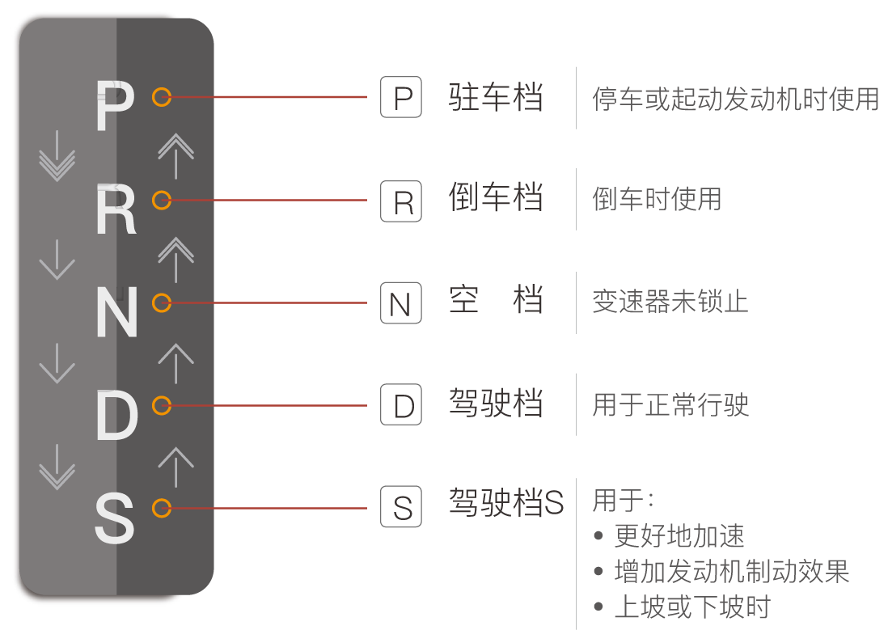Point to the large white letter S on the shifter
pos(114,519)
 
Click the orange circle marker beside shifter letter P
pos(162,97)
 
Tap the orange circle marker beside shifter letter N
pos(162,303)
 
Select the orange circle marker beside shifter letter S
pos(162,509)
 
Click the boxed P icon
pos(401,98)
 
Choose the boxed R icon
pos(401,201)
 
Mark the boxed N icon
pos(401,303)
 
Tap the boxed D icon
pos(401,405)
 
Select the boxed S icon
pos(401,508)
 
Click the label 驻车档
pos(495,98)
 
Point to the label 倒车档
pos(495,198)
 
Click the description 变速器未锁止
pos(670,302)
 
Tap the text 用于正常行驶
pos(670,404)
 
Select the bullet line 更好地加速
pos(679,535)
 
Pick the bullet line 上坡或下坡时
pos(692,607)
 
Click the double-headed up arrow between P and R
pos(175,156)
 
